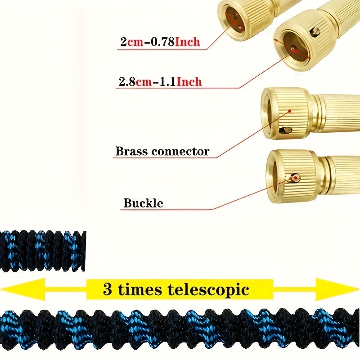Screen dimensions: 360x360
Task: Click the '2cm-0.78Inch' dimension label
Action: (x=160, y=43)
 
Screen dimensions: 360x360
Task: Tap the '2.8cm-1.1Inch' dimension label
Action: (x=159, y=82)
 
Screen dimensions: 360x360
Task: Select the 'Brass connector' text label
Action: (x=162, y=151)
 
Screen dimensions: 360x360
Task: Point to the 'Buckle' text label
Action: (x=143, y=203)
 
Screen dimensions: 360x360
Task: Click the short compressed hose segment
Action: (x=43, y=251)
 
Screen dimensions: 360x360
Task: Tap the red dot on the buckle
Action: (x=295, y=179)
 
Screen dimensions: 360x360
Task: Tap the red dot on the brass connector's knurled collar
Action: (x=290, y=111)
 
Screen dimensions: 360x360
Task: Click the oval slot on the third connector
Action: (x=285, y=130)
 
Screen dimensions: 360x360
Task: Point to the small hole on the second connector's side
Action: (x=317, y=31)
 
